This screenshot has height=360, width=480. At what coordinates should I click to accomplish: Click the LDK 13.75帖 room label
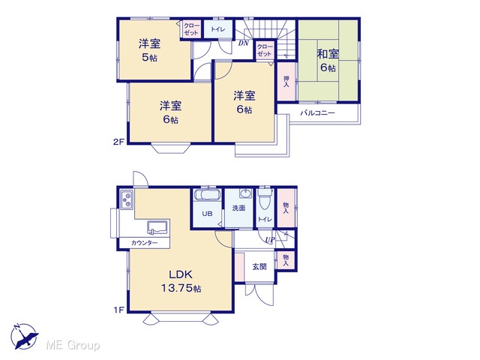(181, 281)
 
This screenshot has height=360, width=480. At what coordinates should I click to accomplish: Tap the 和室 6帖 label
(328, 61)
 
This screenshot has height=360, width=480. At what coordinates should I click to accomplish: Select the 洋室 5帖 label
(149, 50)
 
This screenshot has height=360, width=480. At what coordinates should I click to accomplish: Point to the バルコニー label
(317, 113)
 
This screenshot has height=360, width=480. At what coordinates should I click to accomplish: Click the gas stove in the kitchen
(127, 199)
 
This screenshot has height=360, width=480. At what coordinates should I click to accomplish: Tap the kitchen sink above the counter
(157, 227)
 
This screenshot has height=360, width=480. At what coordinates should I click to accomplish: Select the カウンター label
(144, 243)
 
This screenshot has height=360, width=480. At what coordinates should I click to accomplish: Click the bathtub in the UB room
(208, 195)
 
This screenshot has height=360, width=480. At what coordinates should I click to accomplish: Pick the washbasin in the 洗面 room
(245, 193)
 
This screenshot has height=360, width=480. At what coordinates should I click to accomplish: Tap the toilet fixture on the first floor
(265, 199)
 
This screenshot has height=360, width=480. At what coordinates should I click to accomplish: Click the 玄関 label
(259, 267)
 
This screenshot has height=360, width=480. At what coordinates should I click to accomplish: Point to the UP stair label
(270, 240)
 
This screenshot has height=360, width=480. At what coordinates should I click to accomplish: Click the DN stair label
(244, 43)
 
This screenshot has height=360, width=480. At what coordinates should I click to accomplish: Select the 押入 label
(286, 81)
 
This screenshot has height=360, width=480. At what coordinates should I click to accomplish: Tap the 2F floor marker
(118, 142)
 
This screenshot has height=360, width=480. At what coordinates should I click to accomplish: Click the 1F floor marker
(118, 310)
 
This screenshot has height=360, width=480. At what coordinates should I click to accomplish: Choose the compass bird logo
(24, 337)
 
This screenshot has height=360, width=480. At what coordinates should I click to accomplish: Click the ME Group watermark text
(73, 345)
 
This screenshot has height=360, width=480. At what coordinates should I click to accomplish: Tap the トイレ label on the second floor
(218, 29)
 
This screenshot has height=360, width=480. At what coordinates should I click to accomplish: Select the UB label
(207, 214)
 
